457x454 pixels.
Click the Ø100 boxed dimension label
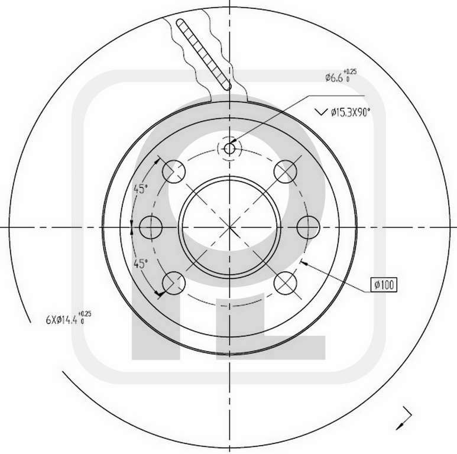click(384, 285)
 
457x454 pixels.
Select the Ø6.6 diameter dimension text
click(334, 77)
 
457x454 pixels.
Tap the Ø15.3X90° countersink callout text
click(351, 112)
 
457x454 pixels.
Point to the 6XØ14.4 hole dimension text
click(62, 320)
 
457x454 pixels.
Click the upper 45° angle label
click(141, 189)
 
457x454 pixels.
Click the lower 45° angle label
click(141, 264)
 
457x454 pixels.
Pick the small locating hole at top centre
click(229, 148)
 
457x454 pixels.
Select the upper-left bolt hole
click(174, 171)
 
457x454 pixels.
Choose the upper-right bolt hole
click(286, 171)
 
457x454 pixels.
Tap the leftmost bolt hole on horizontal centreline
click(151, 227)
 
